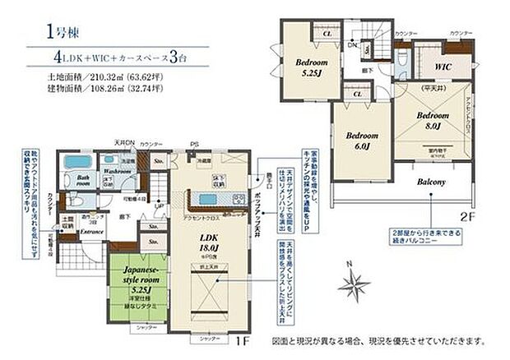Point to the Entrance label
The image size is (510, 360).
90,232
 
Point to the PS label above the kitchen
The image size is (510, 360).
194,141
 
